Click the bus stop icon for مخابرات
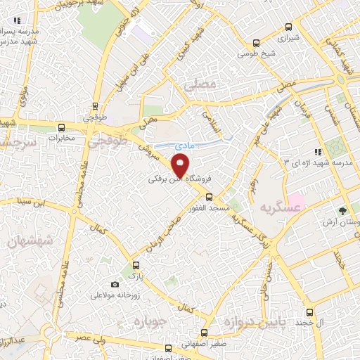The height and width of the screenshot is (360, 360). [x=62, y=128]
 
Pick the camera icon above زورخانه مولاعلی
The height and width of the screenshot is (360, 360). [x=115, y=285]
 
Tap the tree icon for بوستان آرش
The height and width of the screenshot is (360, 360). [x=342, y=210]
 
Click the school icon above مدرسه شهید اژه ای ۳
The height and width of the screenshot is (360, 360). [x=319, y=151]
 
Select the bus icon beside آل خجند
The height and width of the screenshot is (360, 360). [x=309, y=312]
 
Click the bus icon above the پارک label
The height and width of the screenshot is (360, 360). [x=136, y=266]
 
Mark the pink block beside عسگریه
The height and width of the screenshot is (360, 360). [x=296, y=205]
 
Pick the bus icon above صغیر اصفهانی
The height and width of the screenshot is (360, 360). [x=205, y=333]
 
